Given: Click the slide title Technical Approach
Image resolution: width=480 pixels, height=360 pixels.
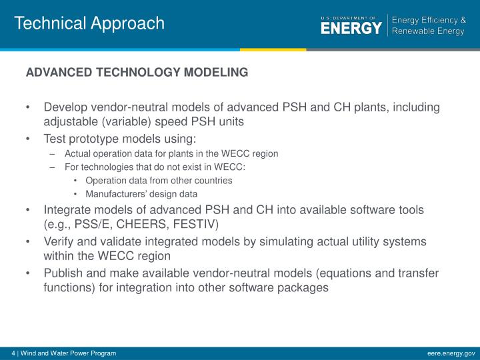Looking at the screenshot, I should point(89,23).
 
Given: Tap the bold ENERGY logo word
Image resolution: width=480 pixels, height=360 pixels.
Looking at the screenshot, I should point(351,28).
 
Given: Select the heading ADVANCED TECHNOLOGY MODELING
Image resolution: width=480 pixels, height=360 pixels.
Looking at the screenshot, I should point(137,72).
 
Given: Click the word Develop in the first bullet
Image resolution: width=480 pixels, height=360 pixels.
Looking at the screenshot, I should point(65,107).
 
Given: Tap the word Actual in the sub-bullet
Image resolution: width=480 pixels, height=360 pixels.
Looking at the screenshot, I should point(78,153).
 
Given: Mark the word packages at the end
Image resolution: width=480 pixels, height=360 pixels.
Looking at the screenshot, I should point(303,288).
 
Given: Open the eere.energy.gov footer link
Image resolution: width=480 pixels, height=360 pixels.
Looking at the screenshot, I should point(451,353).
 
